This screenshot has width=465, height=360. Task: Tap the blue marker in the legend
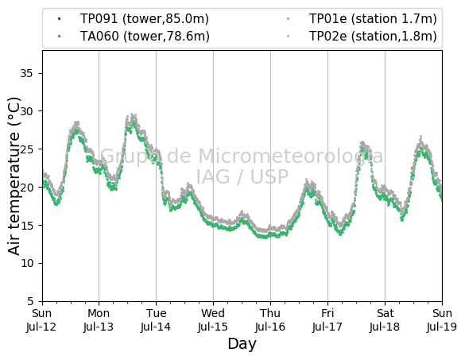pyautogui.click(x=60, y=19)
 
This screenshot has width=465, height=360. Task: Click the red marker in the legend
pyautogui.click(x=60, y=37)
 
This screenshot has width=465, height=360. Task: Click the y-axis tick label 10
pyautogui.click(x=26, y=263)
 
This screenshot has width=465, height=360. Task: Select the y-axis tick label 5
pyautogui.click(x=30, y=301)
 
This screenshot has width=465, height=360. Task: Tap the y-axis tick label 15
pyautogui.click(x=26, y=226)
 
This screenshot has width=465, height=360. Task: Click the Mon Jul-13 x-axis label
pyautogui.click(x=99, y=320)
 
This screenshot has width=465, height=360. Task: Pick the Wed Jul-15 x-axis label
pyautogui.click(x=213, y=320)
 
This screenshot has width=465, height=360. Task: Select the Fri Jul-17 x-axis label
pyautogui.click(x=327, y=320)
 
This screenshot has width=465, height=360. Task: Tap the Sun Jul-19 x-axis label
pyautogui.click(x=442, y=320)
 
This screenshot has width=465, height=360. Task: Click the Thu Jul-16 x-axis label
pyautogui.click(x=270, y=320)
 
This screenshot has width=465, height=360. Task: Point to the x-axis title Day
pyautogui.click(x=242, y=344)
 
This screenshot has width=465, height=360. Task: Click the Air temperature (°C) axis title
pyautogui.click(x=14, y=176)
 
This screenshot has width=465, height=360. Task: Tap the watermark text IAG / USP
pyautogui.click(x=242, y=176)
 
